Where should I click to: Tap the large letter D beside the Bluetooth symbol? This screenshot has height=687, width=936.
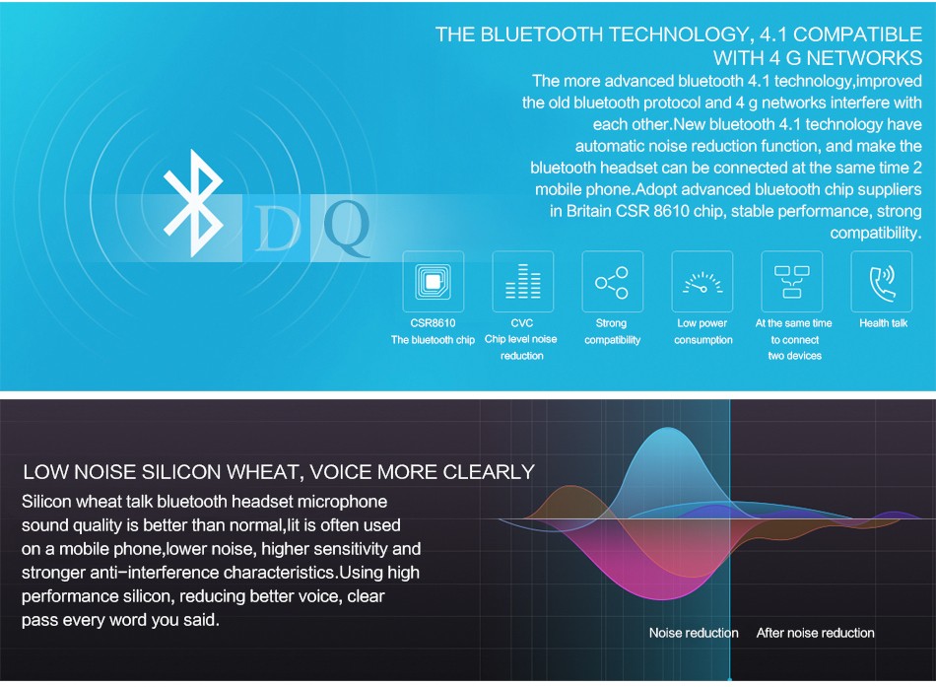[x=278, y=229]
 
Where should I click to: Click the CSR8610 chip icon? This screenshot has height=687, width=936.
[x=434, y=281]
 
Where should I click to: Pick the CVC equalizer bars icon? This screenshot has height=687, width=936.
[x=523, y=281]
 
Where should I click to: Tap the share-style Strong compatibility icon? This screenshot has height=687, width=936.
[x=612, y=282]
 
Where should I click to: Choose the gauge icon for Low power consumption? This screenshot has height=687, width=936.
[x=702, y=283]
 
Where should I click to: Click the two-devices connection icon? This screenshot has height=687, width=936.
[x=792, y=282]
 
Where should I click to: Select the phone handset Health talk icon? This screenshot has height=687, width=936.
[x=882, y=282]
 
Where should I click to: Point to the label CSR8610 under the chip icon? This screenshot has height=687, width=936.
[x=433, y=323]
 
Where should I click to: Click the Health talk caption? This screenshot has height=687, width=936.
[x=884, y=323]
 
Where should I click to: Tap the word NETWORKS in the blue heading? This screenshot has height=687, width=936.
[x=864, y=58]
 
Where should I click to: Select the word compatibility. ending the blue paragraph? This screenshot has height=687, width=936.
[x=876, y=233]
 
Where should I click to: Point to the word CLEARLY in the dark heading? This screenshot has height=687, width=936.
[x=489, y=472]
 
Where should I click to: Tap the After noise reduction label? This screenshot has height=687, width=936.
[x=816, y=633]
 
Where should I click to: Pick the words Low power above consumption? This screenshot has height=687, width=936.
[x=702, y=323]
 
